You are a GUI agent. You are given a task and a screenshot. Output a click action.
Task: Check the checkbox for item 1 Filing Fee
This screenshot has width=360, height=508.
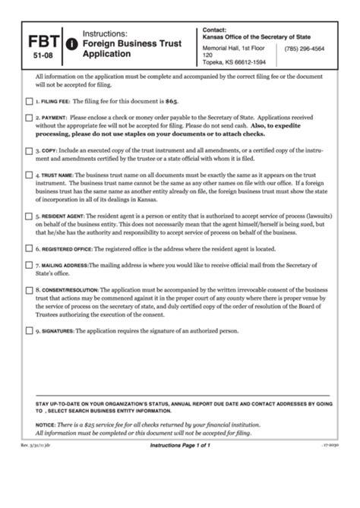(29, 101)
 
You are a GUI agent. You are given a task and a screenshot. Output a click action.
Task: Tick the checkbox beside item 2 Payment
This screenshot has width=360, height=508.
(29, 118)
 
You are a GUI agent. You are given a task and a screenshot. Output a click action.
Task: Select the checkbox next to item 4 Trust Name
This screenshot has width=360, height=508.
(29, 175)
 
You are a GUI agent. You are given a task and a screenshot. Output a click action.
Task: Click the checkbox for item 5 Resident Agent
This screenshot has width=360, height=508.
(29, 216)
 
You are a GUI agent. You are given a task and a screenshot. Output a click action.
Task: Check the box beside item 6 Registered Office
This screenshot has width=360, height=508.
(29, 248)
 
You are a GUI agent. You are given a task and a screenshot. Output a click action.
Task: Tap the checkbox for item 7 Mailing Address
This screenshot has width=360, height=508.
(29, 266)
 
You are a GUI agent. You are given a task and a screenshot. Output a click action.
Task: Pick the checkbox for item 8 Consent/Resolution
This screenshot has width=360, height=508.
(29, 290)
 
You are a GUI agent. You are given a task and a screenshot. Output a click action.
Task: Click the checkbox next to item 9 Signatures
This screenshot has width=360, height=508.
(29, 331)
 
